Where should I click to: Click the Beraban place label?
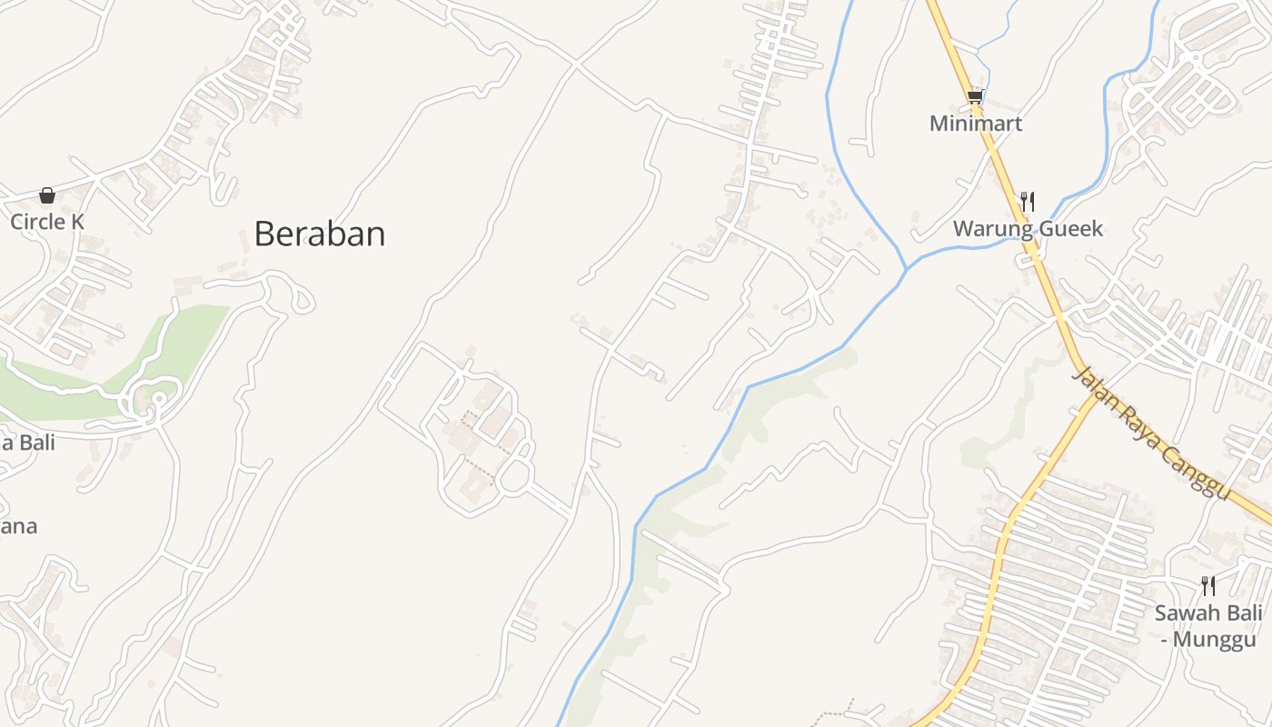point(319,234)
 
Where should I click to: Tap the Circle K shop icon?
point(47,195)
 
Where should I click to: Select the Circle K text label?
point(47,222)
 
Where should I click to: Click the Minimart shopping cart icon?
point(975,96)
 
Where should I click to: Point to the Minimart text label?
point(975,124)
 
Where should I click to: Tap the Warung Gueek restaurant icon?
point(1028,201)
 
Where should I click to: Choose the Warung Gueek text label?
point(1028,228)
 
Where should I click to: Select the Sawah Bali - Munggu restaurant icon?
point(1207,585)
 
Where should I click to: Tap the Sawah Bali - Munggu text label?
point(1207,625)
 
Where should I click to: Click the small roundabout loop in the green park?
point(158,399)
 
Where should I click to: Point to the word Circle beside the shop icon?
point(36,222)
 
